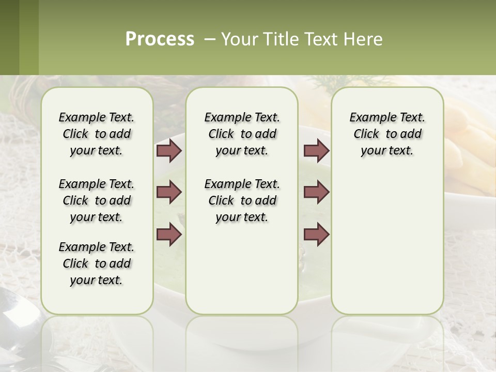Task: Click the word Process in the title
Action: coord(160,39)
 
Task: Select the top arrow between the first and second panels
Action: coord(169,150)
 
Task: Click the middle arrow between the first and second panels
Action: coord(169,192)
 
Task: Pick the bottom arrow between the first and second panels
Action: coord(169,234)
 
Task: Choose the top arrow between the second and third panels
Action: coord(316,150)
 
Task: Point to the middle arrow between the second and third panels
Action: coord(316,192)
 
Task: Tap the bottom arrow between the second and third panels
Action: coord(316,234)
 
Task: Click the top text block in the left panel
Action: coord(97,134)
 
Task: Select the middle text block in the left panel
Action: coord(97,200)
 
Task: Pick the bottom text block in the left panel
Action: coord(97,263)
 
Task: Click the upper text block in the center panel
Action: coord(242,134)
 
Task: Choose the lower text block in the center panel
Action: coord(242,200)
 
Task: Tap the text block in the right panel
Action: coord(387,134)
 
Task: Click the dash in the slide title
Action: coord(210,39)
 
